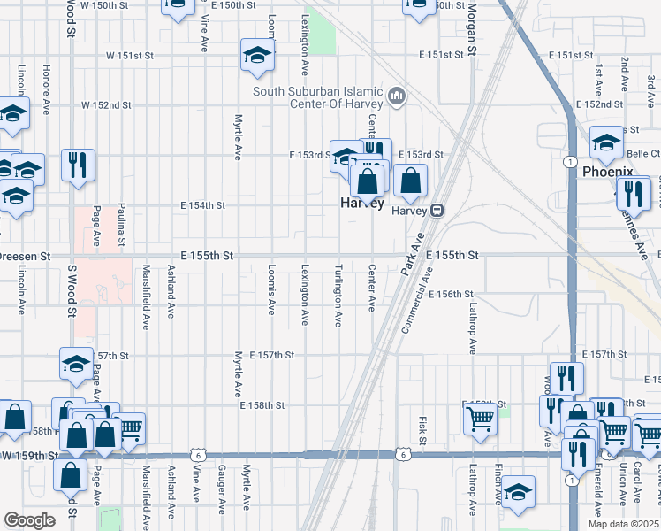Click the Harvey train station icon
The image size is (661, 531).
pyautogui.click(x=437, y=211)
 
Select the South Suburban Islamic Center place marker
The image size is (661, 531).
pyautogui.click(x=397, y=96)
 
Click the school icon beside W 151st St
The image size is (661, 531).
pyautogui.click(x=257, y=56)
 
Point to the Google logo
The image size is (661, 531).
pyautogui.click(x=29, y=519)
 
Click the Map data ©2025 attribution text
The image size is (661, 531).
pyautogui.click(x=623, y=524)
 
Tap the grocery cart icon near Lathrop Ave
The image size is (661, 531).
pyautogui.click(x=479, y=419)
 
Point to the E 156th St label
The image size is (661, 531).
pyautogui.click(x=452, y=294)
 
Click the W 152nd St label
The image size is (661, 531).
pyautogui.click(x=106, y=104)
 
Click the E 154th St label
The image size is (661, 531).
pyautogui.click(x=202, y=205)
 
